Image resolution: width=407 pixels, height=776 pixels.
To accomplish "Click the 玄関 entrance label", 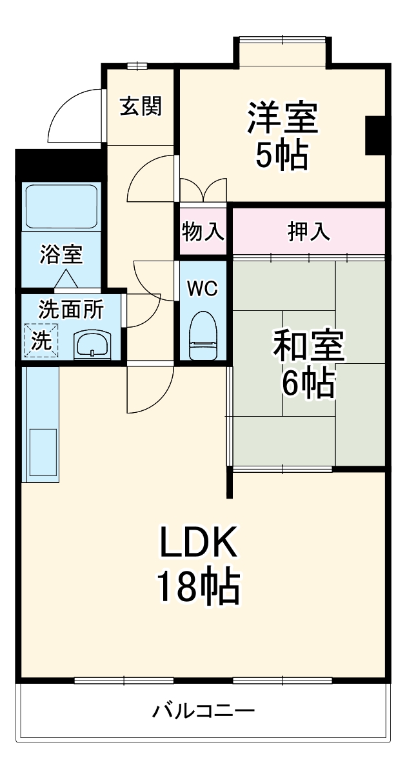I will pos(141,105).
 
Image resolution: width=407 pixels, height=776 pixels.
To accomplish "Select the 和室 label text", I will pos(309,347).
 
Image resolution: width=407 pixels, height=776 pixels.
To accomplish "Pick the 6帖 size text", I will pos(308,384).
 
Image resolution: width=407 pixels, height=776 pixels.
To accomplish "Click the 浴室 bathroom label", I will pos(61,255).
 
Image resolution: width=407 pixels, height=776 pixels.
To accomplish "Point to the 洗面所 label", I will pos(70,310).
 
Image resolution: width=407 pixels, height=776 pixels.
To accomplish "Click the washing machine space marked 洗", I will pos(41,340).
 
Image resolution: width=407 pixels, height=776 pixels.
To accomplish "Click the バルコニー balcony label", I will pos(204,712).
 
